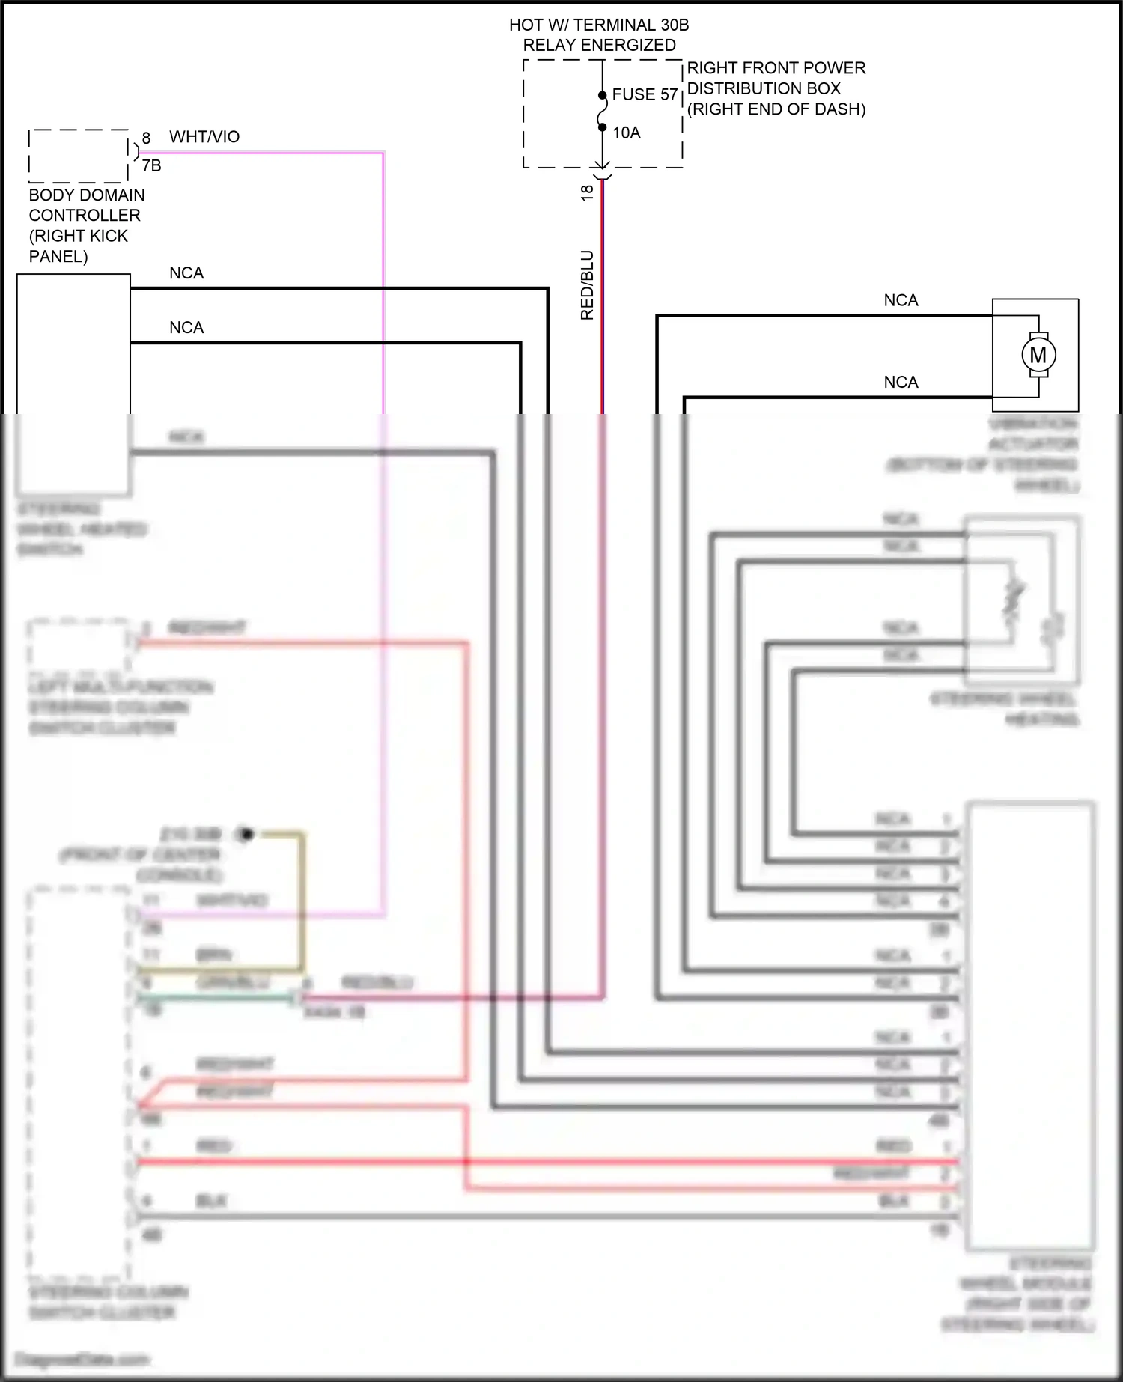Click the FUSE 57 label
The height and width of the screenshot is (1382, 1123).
click(645, 94)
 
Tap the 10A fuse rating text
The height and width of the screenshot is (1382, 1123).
click(627, 133)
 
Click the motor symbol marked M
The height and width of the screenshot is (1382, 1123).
click(1038, 355)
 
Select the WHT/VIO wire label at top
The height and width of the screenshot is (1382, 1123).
click(204, 137)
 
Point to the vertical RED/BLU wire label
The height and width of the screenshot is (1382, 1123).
click(587, 285)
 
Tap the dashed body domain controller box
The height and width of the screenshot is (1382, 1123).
click(78, 156)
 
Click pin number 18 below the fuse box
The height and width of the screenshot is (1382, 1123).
click(587, 192)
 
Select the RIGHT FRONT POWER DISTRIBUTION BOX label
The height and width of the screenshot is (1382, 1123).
click(776, 88)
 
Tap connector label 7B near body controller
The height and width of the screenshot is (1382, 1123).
click(151, 165)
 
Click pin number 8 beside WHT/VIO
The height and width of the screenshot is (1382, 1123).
click(146, 138)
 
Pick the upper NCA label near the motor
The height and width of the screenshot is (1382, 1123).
click(901, 300)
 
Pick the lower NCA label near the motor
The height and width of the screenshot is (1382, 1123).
click(901, 382)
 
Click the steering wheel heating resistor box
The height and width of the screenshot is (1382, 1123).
click(1023, 600)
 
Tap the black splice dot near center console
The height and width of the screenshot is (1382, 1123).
click(246, 833)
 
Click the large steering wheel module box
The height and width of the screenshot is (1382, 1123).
click(1029, 1026)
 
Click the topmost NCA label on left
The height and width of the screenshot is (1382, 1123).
click(186, 273)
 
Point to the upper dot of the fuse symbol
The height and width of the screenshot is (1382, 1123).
click(602, 95)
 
